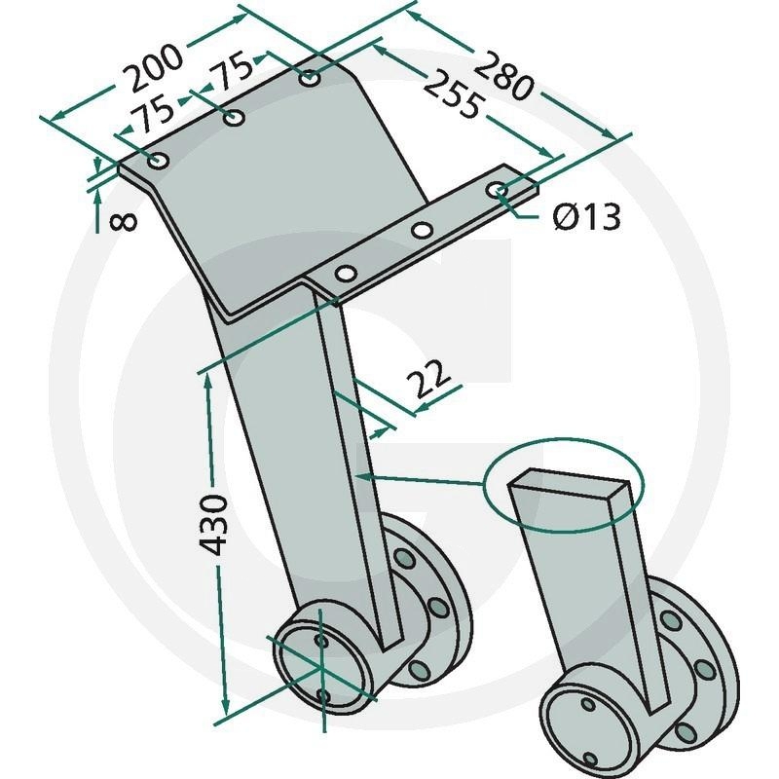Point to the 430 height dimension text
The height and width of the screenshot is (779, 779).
[214, 525]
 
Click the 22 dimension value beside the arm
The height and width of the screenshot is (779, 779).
[427, 379]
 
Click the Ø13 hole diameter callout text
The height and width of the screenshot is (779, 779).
[586, 217]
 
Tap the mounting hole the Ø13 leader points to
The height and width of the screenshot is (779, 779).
[498, 190]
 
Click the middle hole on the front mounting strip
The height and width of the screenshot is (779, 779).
[422, 231]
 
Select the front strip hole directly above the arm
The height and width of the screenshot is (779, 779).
[345, 273]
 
